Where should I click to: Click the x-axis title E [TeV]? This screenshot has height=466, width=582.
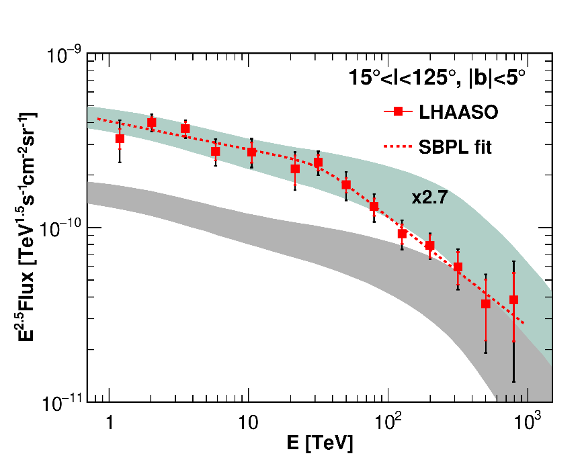pos(319,444)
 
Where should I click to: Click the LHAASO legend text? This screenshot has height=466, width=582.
pos(459,113)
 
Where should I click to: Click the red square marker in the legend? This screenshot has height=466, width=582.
pos(398,112)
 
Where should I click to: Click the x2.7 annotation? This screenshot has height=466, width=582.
pos(430,197)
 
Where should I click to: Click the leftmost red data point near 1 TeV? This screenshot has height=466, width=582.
pos(120,139)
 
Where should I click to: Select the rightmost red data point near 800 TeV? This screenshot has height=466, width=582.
pos(513,299)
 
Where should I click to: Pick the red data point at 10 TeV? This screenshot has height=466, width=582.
pos(252,152)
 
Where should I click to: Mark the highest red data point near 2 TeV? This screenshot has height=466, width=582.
pos(151,122)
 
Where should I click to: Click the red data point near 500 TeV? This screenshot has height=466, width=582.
pos(485,304)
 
